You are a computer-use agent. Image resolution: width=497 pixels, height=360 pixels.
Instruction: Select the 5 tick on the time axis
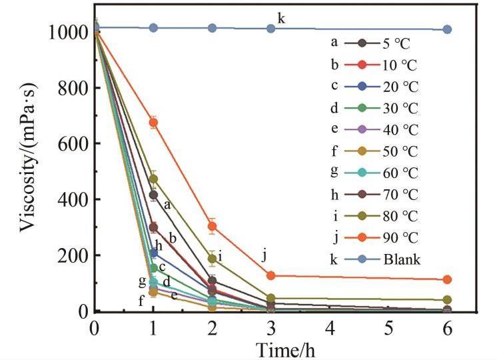(388, 329)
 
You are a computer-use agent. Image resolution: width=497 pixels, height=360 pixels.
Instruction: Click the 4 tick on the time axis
(329, 329)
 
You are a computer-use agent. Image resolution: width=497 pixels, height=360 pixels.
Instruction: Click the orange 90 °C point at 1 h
(153, 123)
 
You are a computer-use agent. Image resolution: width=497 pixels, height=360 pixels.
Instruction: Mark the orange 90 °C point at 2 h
(212, 226)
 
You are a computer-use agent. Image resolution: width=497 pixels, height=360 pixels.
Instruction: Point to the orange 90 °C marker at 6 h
(447, 279)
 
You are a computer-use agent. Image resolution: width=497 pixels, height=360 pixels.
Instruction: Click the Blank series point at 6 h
(447, 29)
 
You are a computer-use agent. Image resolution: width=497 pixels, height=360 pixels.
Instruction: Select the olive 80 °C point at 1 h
(153, 179)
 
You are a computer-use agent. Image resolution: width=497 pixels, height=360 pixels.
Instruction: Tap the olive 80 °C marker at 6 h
(447, 300)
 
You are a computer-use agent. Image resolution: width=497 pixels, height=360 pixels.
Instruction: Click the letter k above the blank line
(281, 18)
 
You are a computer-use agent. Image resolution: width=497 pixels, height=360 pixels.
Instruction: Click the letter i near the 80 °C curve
(220, 256)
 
